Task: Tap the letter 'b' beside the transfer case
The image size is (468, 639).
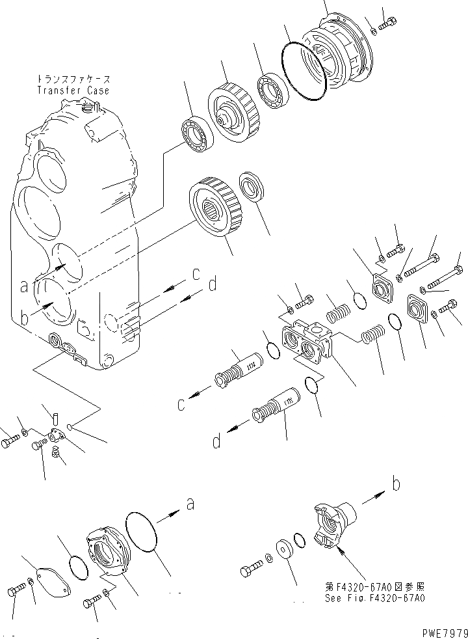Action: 24,318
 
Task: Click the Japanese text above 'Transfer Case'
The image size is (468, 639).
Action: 77,79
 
